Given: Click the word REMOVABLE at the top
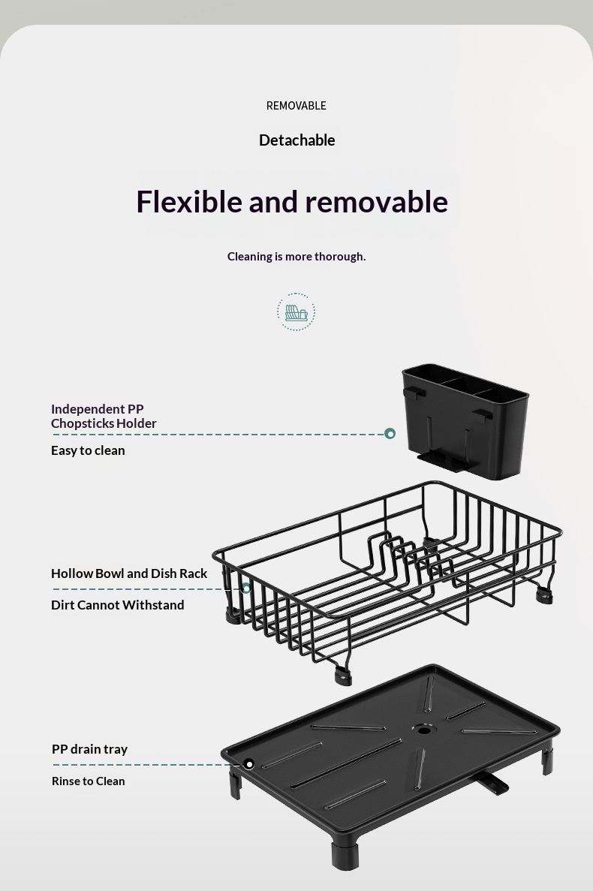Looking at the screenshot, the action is pyautogui.click(x=296, y=106).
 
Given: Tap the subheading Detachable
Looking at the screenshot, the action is pyautogui.click(x=296, y=140).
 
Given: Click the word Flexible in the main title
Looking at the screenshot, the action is pyautogui.click(x=188, y=202).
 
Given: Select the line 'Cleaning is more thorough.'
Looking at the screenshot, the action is pyautogui.click(x=296, y=256).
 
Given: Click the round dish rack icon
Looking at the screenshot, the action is pyautogui.click(x=296, y=312).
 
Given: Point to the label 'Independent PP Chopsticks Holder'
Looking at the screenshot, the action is pyautogui.click(x=104, y=416).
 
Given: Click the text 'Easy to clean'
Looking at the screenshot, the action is pyautogui.click(x=88, y=450).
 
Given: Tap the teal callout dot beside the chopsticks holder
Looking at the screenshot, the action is pyautogui.click(x=390, y=434).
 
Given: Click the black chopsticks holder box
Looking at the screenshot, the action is pyautogui.click(x=465, y=421).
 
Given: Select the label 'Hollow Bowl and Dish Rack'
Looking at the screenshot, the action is pyautogui.click(x=129, y=573).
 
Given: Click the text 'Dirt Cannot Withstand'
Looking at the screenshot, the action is pyautogui.click(x=118, y=605).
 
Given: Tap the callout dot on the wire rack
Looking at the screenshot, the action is pyautogui.click(x=246, y=588).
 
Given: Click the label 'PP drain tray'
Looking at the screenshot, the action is pyautogui.click(x=90, y=750).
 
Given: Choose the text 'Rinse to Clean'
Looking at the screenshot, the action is pyautogui.click(x=88, y=781).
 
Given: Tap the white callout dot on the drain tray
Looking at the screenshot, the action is pyautogui.click(x=248, y=764).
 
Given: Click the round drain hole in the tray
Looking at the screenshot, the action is pyautogui.click(x=423, y=729).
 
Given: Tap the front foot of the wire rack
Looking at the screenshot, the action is pyautogui.click(x=342, y=676).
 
